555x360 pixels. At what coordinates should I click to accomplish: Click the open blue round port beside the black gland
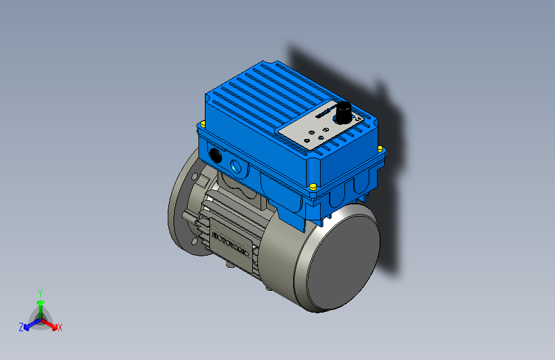(239, 167)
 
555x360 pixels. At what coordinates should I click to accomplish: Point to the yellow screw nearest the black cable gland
(203, 123)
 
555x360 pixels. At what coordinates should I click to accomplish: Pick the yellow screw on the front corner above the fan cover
(312, 186)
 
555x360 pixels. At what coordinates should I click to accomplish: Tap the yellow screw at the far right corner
(382, 149)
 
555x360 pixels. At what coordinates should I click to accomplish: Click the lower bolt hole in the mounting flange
(193, 241)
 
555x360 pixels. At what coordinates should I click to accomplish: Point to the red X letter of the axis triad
(60, 327)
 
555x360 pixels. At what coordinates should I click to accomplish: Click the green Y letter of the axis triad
(40, 292)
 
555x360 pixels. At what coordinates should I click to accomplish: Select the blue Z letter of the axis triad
(21, 327)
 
